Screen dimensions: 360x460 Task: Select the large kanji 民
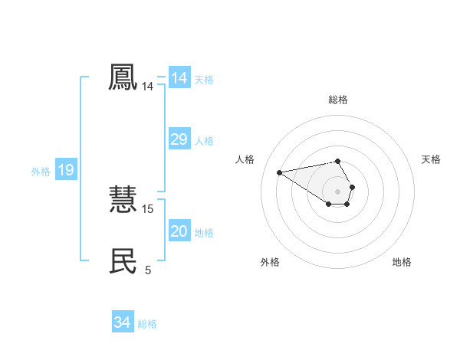123,260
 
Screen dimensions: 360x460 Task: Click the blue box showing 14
179,78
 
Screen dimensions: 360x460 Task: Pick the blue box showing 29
179,139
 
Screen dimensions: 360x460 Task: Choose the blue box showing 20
179,231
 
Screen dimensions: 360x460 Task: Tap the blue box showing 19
65,170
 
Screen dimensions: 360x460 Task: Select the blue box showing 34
122,322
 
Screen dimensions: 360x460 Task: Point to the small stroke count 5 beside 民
148,270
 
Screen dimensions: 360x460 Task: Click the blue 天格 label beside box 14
204,80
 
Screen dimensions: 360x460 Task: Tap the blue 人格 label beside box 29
204,141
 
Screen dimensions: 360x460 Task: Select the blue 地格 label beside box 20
204,233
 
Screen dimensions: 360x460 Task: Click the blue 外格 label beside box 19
41,172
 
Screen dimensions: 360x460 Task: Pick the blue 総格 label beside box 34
147,324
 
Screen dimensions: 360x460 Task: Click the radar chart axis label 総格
338,100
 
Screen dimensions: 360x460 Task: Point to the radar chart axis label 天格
432,159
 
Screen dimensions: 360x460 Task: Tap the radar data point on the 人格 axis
280,172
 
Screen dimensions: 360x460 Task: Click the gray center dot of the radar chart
338,191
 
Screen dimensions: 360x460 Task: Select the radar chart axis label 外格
270,262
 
